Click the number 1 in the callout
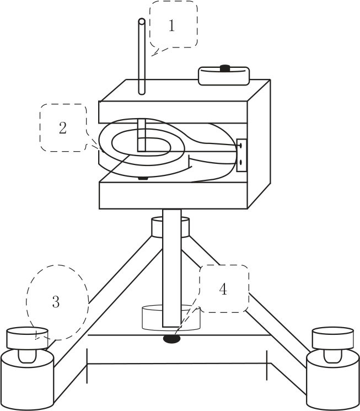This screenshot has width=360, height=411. tap(171, 26)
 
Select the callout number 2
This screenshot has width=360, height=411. tap(63, 128)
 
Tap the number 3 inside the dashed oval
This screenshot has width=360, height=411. tap(56, 302)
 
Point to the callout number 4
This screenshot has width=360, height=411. tap(223, 290)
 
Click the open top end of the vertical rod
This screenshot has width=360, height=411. tap(142, 22)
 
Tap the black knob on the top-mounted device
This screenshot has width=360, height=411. tap(224, 68)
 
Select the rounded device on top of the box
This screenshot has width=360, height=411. tap(224, 76)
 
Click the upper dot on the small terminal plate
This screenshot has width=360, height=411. tap(240, 145)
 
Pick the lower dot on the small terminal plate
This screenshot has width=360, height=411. tap(240, 163)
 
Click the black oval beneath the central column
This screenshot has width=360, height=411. tap(171, 339)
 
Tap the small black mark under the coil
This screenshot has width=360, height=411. tap(143, 179)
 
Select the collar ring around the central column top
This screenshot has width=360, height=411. tap(170, 227)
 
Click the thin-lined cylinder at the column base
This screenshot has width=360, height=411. tap(171, 317)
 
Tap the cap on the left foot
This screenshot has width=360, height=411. tap(27, 338)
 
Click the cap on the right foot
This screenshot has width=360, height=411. tap(333, 338)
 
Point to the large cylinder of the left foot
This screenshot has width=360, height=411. tap(27, 380)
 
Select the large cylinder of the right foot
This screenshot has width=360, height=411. tap(333, 380)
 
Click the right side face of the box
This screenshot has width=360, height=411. tap(259, 144)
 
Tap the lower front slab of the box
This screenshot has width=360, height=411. tap(173, 195)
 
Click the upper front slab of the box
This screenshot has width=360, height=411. tap(173, 112)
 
